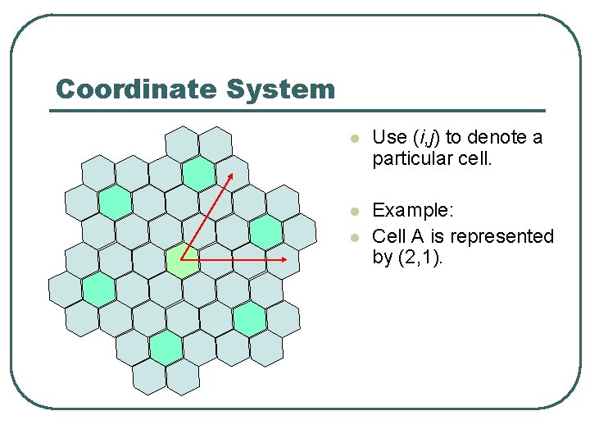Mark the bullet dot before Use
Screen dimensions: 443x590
[x=353, y=139]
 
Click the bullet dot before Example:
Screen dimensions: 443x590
[x=353, y=214]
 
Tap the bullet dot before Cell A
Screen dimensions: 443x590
[x=353, y=237]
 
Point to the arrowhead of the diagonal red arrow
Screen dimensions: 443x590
[x=231, y=175]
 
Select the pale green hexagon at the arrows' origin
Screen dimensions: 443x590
[x=182, y=260]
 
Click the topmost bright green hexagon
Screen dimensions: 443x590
[x=198, y=172]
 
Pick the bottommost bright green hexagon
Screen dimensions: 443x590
[x=166, y=348]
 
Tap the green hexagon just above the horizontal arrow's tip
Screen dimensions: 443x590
[x=266, y=231]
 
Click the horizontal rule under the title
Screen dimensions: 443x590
[x=298, y=110]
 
